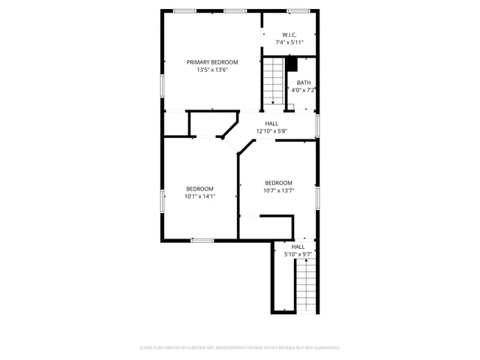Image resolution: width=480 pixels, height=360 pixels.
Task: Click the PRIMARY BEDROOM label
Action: pos(212,61)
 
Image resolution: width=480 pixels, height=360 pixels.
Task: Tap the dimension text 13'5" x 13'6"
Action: pos(212,70)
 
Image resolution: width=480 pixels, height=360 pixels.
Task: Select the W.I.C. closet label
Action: pos(289,35)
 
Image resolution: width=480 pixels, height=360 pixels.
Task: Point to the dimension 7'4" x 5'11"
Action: pos(289,43)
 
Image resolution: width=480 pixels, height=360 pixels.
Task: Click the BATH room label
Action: pos(303,82)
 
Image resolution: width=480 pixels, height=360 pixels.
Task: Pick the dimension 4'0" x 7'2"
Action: pos(303,90)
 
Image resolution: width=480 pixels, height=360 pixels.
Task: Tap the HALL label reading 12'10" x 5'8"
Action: pos(271,124)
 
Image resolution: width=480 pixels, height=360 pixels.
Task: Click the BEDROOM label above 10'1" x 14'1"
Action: pos(200,188)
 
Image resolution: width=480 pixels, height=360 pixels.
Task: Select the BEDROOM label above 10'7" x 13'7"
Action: pos(278,183)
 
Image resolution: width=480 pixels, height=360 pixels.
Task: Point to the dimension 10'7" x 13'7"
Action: pos(278,190)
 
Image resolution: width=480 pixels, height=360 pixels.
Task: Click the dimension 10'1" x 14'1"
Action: pos(200,196)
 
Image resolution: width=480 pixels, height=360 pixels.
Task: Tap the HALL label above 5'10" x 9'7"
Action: pos(298,247)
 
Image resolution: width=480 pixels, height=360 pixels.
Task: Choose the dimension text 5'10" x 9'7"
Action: pos(298,254)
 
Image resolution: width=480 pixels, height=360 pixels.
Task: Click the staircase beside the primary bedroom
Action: pos(272,82)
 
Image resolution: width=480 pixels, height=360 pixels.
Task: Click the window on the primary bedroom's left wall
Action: pos(162,85)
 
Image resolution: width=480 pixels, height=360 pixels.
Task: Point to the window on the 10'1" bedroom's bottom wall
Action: pos(202,240)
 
